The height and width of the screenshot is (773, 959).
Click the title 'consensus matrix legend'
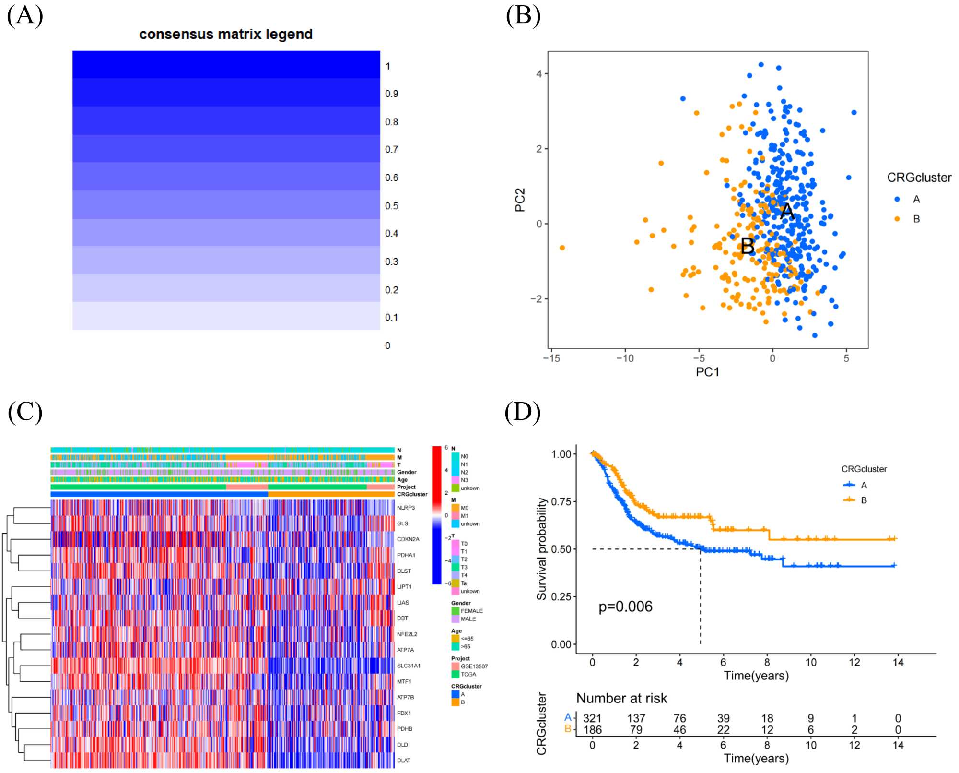click(x=226, y=35)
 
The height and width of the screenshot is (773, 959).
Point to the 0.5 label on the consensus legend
click(x=392, y=206)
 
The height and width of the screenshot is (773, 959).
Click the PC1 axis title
click(x=707, y=372)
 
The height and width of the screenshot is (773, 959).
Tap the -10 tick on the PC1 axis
click(x=625, y=358)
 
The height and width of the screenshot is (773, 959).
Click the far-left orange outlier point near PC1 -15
click(x=562, y=248)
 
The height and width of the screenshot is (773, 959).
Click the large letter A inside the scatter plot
click(x=787, y=211)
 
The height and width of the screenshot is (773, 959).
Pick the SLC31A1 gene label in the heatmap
click(x=409, y=666)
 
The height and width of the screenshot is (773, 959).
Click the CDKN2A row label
click(x=408, y=539)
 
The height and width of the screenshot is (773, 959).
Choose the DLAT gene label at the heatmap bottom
click(x=404, y=760)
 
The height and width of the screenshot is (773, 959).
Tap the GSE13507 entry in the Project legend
click(x=474, y=666)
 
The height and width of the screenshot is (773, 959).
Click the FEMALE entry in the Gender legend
click(x=471, y=611)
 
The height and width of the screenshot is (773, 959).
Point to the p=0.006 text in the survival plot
click(x=625, y=607)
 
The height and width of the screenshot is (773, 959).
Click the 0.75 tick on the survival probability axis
click(x=561, y=501)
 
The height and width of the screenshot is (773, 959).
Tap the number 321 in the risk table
click(x=592, y=718)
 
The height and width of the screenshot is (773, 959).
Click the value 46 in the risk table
click(x=679, y=730)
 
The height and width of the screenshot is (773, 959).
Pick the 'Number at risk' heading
click(x=621, y=698)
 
